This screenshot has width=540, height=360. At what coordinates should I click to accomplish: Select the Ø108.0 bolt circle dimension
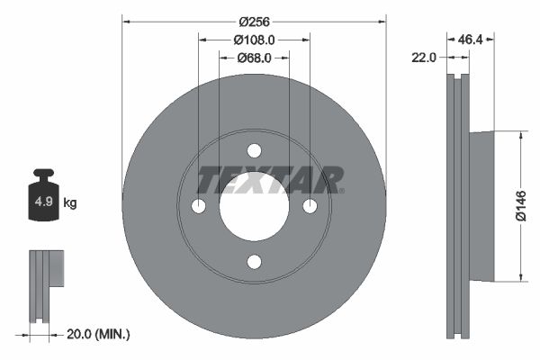pyautogui.click(x=254, y=40)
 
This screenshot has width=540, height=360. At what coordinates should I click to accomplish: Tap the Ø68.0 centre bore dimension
pyautogui.click(x=254, y=58)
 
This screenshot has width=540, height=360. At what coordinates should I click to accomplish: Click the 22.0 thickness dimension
pyautogui.click(x=423, y=57)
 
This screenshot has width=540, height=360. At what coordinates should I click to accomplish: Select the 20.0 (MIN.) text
pyautogui.click(x=100, y=334)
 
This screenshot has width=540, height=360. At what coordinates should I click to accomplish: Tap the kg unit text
pyautogui.click(x=70, y=203)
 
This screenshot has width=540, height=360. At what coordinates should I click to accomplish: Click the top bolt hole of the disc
pyautogui.click(x=254, y=150)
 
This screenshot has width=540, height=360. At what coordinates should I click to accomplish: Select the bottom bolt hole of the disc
pyautogui.click(x=254, y=262)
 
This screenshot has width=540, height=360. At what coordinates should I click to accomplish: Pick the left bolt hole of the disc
pyautogui.click(x=198, y=206)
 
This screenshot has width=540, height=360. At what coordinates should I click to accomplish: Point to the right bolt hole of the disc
pyautogui.click(x=310, y=206)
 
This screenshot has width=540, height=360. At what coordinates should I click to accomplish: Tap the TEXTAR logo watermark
pyautogui.click(x=270, y=180)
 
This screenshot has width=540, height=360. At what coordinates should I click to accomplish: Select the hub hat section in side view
pyautogui.click(x=482, y=205)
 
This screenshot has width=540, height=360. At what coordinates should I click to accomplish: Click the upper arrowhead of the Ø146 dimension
pyautogui.click(x=519, y=135)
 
